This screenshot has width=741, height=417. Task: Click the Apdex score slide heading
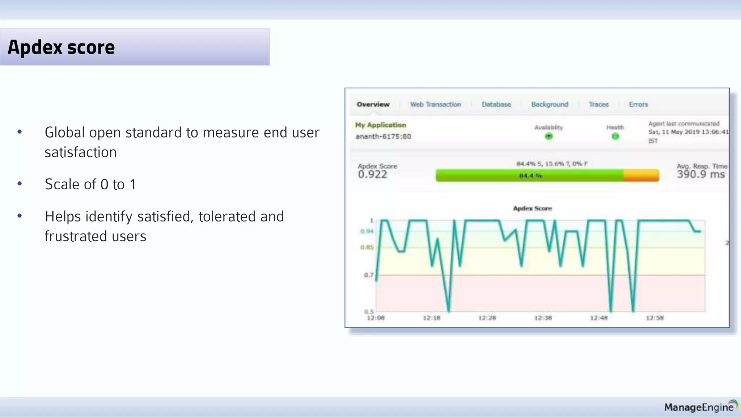(61, 47)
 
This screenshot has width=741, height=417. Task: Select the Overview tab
(373, 104)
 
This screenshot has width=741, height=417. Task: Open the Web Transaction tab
(436, 104)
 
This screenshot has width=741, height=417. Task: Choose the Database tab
(496, 104)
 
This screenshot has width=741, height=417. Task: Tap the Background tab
(550, 104)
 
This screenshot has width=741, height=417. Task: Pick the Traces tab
(598, 104)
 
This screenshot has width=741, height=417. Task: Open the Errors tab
(638, 104)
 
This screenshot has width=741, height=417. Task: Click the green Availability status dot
(549, 136)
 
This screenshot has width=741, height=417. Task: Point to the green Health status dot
(615, 136)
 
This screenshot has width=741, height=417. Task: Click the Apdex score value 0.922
(373, 174)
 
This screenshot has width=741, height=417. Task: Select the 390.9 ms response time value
(701, 174)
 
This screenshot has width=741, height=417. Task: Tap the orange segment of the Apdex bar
(641, 176)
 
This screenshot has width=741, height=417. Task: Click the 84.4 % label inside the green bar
(531, 176)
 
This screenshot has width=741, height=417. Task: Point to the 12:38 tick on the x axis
(543, 318)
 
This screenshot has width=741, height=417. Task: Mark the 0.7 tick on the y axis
(369, 275)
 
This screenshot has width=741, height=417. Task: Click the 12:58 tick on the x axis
(655, 318)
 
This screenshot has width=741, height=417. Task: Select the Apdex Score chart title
(532, 208)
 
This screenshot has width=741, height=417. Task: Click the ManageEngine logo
(700, 407)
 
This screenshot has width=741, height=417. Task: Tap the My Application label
(381, 125)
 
